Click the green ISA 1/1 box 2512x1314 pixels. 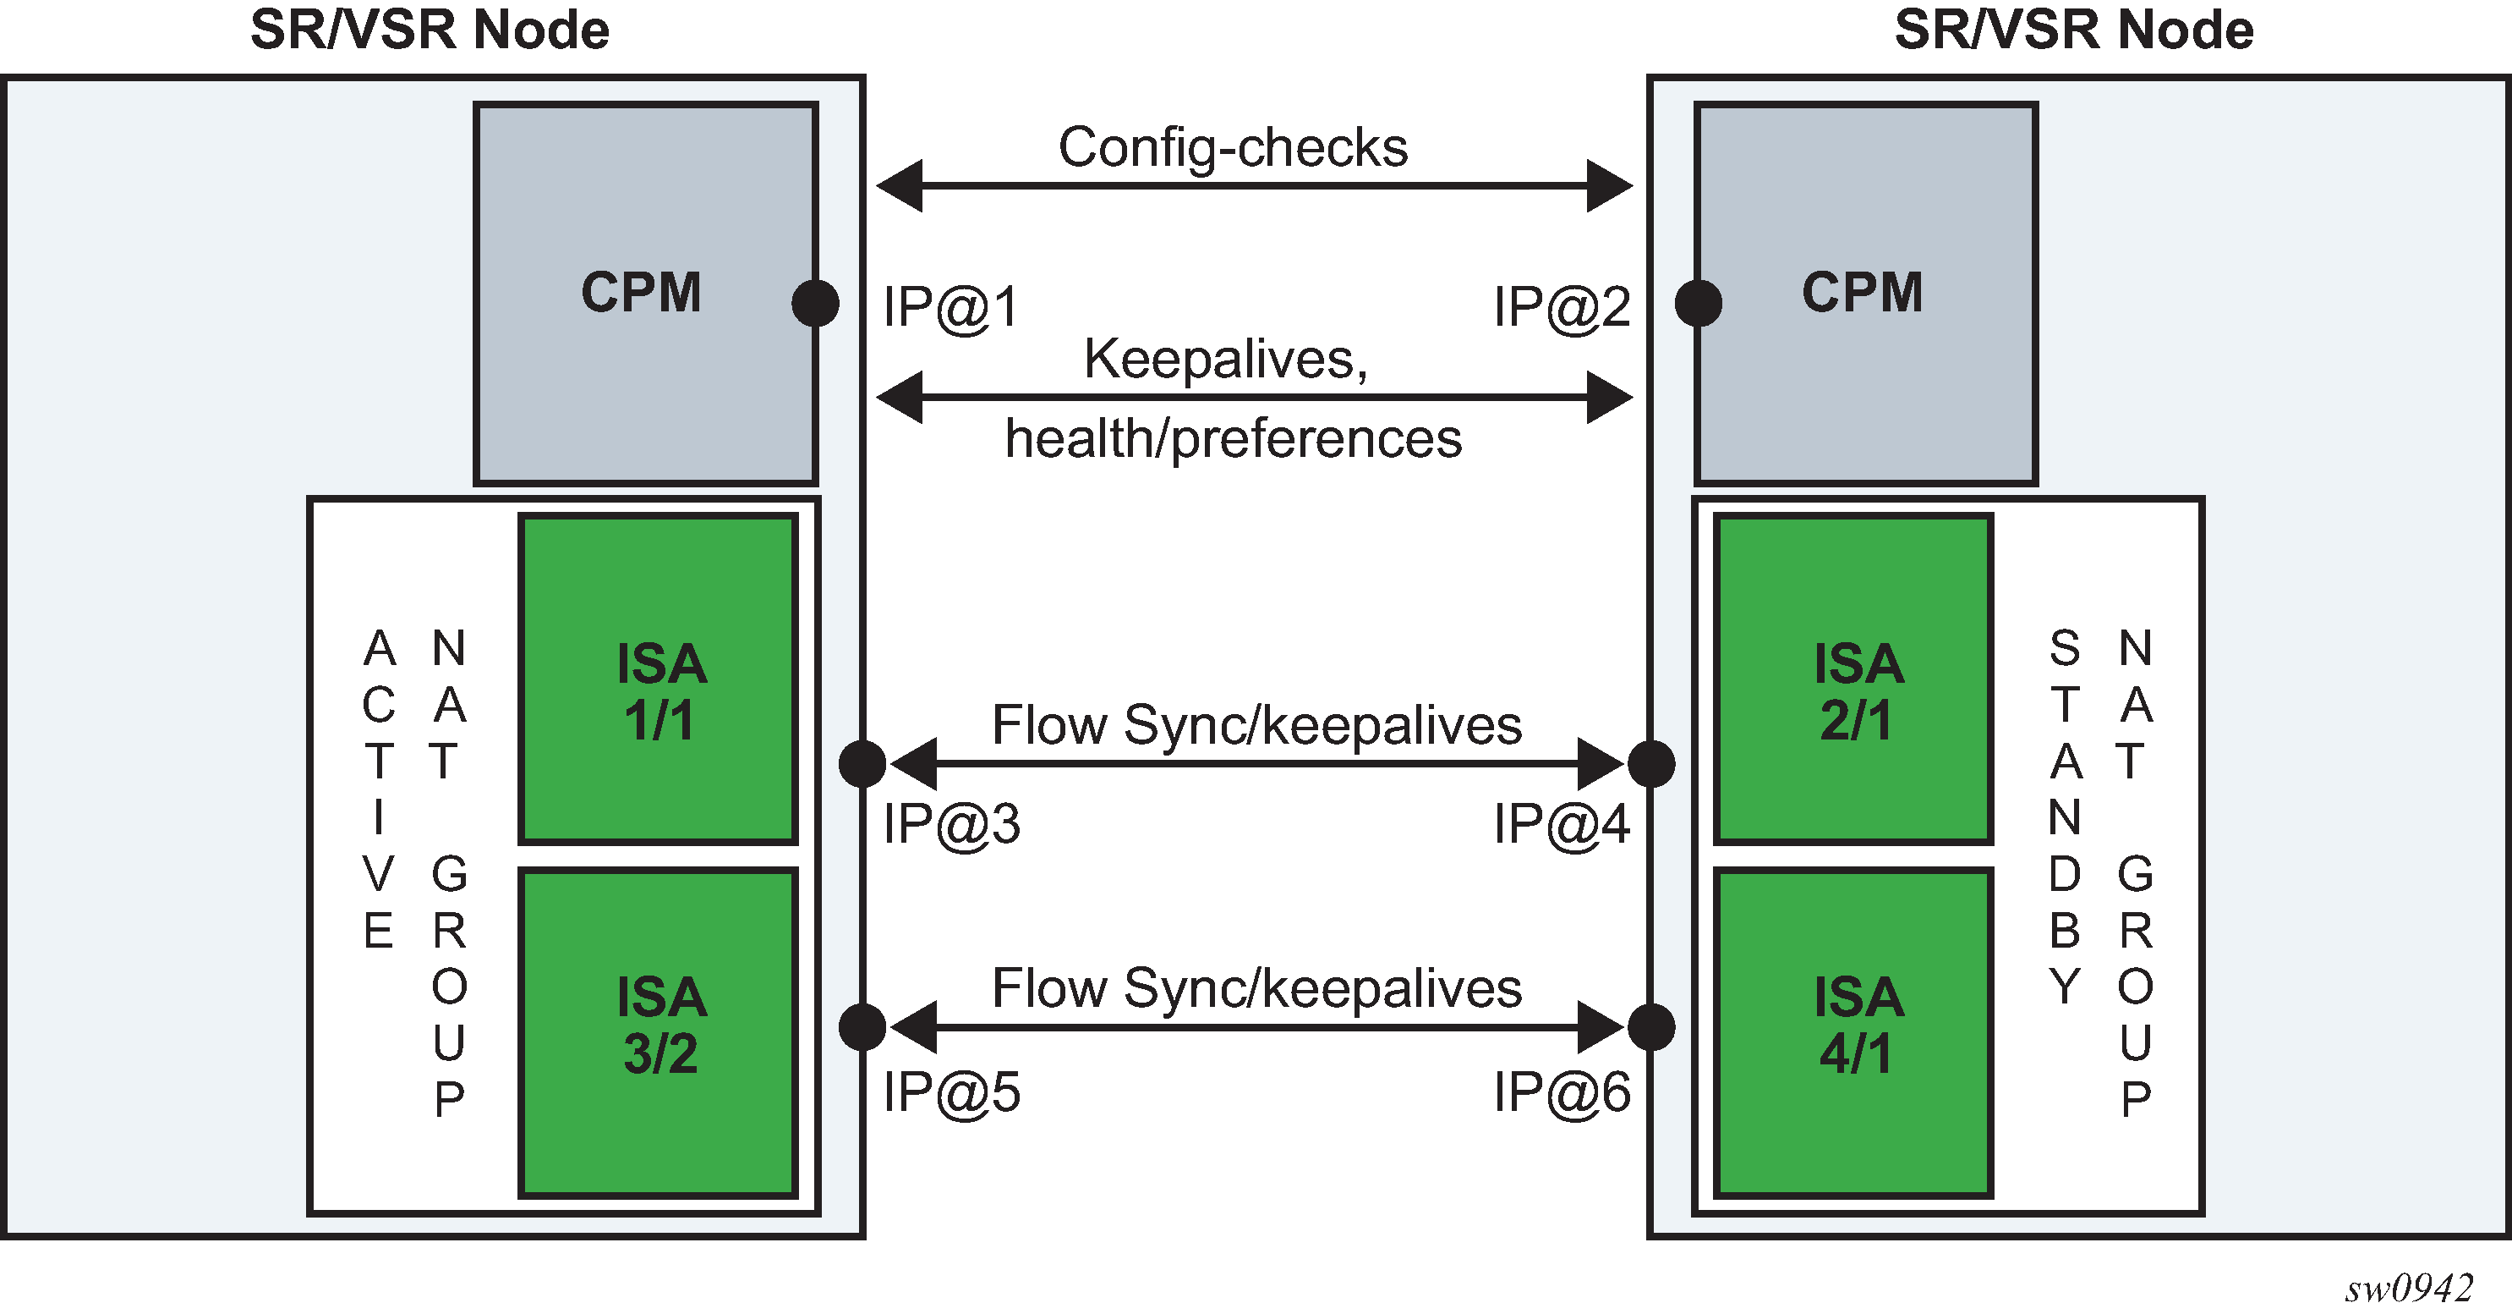coord(659,679)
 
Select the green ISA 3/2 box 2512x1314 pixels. coord(659,1032)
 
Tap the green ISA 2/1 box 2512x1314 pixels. coord(1853,679)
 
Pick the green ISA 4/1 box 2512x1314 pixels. coord(1853,1032)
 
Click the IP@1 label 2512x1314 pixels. coord(951,307)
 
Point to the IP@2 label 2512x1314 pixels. coord(1561,307)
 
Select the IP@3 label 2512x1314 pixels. coord(951,824)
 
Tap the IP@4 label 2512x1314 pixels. coord(1561,824)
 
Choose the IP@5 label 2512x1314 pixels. coord(951,1091)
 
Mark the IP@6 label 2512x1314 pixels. coord(1561,1091)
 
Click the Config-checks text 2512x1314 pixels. coord(1233,147)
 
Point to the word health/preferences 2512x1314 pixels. coord(1233,438)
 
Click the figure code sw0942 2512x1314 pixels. coord(2409,1289)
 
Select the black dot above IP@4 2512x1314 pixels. coord(1651,763)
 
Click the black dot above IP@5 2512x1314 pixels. coord(862,1026)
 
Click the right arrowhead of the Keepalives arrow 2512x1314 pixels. coord(1609,397)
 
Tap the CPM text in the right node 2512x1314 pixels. coord(1862,292)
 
